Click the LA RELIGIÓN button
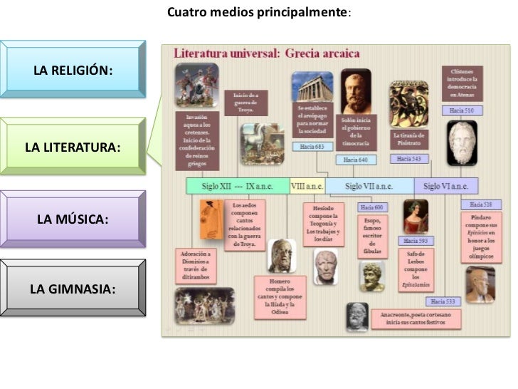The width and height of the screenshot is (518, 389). click(73, 70)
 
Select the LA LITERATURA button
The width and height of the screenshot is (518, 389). click(73, 147)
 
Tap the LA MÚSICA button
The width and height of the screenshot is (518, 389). click(73, 218)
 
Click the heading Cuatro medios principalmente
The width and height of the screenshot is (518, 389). click(258, 13)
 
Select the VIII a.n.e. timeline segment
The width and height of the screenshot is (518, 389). click(307, 186)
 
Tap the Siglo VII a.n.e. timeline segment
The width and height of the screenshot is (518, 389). click(369, 186)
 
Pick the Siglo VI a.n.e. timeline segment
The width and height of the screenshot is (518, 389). click(445, 186)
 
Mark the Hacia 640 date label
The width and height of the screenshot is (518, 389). click(356, 160)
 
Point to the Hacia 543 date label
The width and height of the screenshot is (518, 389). click(409, 159)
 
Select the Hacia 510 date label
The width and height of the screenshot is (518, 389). click(462, 111)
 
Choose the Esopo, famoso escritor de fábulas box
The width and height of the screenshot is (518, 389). click(372, 235)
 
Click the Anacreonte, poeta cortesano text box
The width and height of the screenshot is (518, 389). click(415, 318)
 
